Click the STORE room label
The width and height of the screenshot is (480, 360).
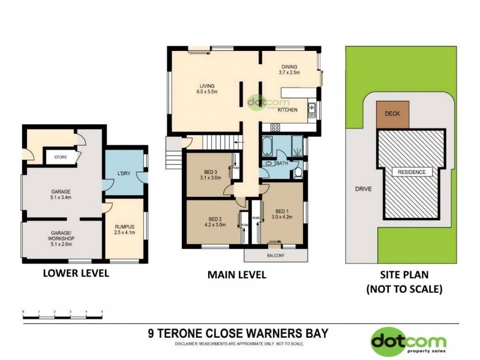(60, 158)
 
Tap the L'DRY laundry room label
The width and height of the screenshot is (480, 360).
(124, 175)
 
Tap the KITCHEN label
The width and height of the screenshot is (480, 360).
(288, 110)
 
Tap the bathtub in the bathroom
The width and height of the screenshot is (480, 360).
(268, 145)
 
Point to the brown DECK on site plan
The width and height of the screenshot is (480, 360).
(393, 113)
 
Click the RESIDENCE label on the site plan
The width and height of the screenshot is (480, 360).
(412, 172)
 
